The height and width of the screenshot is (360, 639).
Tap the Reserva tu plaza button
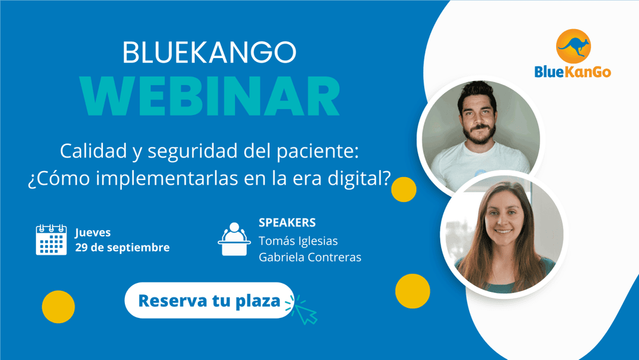pos(209,300)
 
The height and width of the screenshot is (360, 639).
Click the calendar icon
pos(51,240)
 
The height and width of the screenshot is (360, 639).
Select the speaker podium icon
pos(234,239)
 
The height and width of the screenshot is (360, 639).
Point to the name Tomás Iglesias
pos(298,241)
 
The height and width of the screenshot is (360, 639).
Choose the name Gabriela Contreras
pos(310,257)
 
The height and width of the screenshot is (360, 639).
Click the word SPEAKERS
pos(287,223)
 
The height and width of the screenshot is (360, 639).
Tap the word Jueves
pos(93,232)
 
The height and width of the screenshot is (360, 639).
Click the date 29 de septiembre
pos(122,247)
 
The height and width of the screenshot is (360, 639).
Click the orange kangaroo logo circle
pos(573,46)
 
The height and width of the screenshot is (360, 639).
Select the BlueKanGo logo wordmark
pos(573,72)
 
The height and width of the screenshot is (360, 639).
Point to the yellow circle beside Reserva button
pos(58,307)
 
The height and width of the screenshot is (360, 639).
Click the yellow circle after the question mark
pos(404,189)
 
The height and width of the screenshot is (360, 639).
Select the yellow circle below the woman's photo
pos(412,291)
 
